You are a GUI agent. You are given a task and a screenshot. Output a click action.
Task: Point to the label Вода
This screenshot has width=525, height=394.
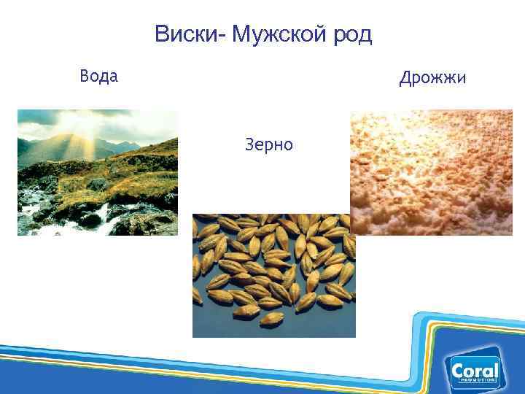98,76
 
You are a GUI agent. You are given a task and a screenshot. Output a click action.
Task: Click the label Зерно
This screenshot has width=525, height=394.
270,144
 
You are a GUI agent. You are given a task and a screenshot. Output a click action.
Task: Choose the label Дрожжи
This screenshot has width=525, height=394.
432,77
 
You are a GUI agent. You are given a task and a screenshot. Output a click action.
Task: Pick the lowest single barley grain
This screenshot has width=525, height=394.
272,318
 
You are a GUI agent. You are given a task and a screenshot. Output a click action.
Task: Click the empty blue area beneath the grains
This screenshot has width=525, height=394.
219,325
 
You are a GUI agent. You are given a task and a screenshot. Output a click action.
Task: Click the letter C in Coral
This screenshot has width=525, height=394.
459,371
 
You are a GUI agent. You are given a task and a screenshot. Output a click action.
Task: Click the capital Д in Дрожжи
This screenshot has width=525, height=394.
405,77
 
